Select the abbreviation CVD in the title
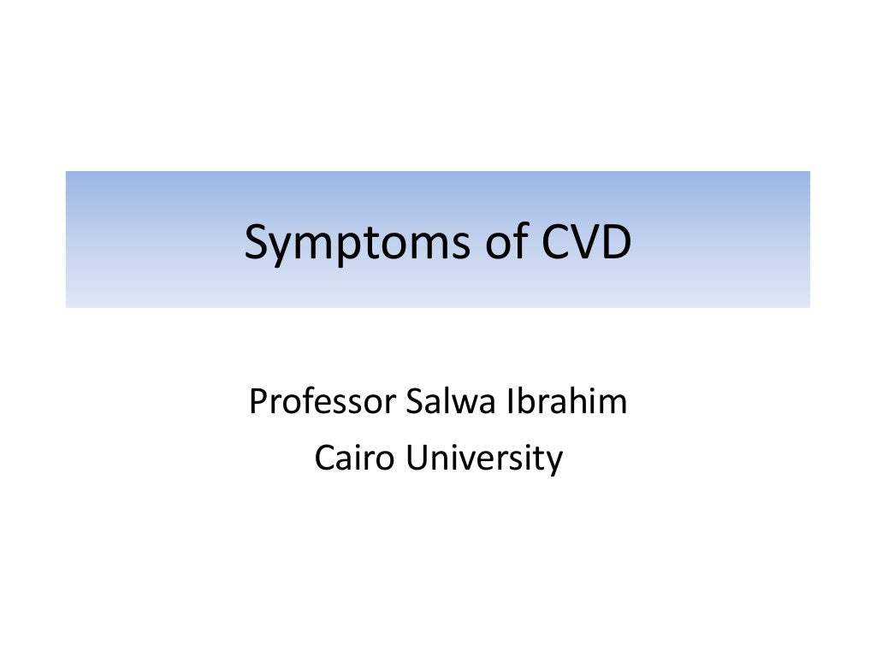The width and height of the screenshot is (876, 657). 586,243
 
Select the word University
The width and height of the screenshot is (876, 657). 484,459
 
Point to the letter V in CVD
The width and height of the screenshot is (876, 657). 586,243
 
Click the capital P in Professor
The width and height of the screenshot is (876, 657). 256,401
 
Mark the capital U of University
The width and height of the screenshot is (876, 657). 417,459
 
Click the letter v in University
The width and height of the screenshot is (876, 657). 460,460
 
